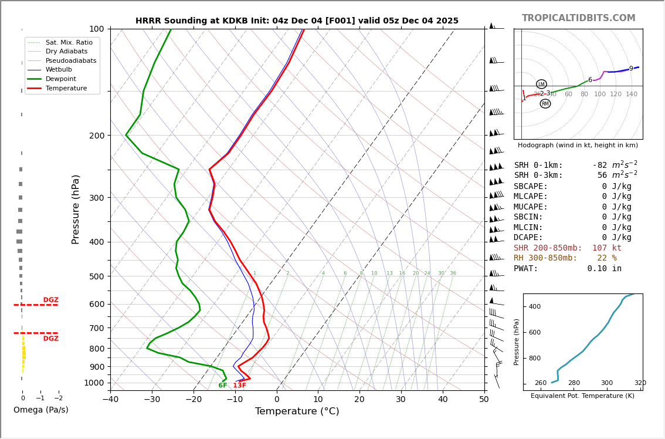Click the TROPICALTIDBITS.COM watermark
tap(578, 18)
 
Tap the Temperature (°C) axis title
tap(297, 411)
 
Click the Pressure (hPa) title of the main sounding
tap(76, 209)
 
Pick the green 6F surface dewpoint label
tap(222, 386)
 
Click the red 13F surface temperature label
tap(239, 386)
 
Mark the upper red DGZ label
tap(50, 300)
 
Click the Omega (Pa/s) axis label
tap(40, 410)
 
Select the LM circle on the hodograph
tap(541, 84)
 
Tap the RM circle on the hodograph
tap(545, 104)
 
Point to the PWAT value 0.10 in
tap(604, 269)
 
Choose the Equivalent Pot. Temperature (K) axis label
tap(582, 396)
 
